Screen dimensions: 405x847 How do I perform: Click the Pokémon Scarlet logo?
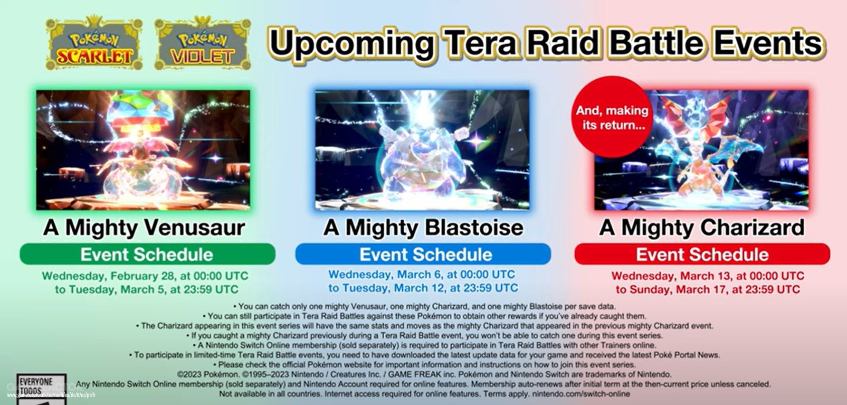click(x=94, y=44)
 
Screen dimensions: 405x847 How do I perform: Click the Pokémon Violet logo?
click(x=202, y=44)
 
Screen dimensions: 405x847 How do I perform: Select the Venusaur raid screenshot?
click(x=143, y=150)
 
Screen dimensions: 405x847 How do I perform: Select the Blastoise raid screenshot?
click(x=422, y=150)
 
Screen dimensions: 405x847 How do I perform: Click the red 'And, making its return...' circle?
click(x=612, y=117)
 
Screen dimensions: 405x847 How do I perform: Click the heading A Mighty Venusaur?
click(x=144, y=227)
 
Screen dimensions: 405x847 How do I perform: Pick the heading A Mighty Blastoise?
click(x=423, y=227)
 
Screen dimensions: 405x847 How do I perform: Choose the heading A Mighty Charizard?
click(x=702, y=227)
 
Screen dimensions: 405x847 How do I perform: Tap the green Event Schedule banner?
click(x=147, y=254)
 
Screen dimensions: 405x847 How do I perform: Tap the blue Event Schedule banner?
click(x=423, y=254)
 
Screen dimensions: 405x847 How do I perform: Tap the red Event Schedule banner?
click(x=702, y=254)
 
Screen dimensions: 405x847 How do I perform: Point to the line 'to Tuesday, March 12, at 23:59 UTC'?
click(x=423, y=288)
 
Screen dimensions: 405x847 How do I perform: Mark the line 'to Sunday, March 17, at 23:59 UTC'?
click(x=708, y=289)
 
